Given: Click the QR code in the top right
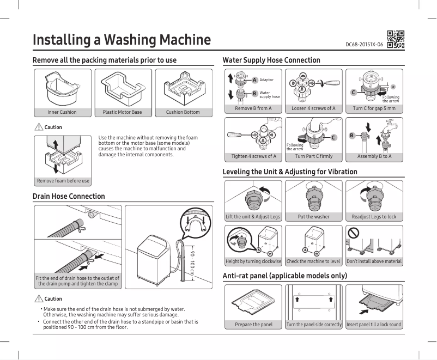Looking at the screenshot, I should point(396,40).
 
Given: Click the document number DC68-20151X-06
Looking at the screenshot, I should point(365,44).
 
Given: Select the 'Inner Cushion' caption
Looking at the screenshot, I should point(62,112).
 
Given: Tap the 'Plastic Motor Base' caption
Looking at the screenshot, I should point(122,112).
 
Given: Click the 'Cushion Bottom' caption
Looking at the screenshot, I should point(183,112).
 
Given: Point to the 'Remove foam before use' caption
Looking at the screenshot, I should point(63,181).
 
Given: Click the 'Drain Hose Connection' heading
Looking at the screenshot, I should point(69,196).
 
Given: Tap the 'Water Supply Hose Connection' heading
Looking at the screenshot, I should point(271,60).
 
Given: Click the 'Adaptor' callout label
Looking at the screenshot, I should point(266,80).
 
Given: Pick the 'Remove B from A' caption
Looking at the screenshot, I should point(253,108).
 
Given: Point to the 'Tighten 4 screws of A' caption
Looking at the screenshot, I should point(253,157).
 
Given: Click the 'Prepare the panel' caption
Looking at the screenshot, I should point(253,325).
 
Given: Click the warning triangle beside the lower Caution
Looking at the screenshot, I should point(38,298).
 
